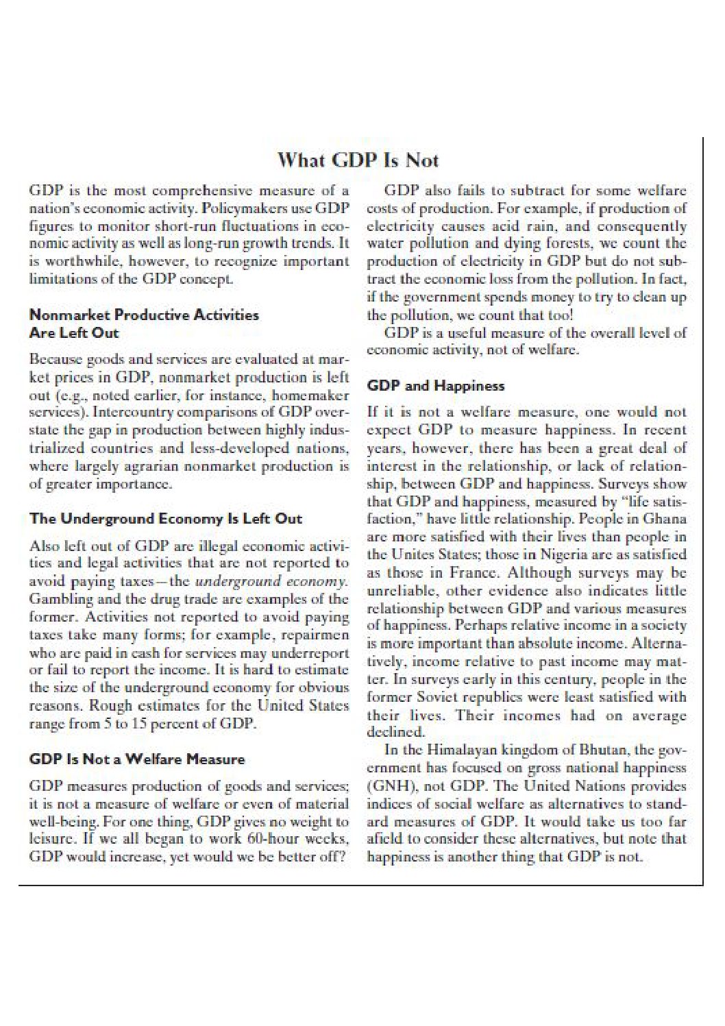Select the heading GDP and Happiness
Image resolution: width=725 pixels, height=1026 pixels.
coord(436,386)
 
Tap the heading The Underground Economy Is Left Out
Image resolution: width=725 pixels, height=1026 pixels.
coord(166,519)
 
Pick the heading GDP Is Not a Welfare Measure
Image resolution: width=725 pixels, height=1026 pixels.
coord(137,759)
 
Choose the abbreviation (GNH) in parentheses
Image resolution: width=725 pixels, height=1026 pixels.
coord(391,785)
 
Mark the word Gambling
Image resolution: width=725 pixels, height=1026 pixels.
coord(58,599)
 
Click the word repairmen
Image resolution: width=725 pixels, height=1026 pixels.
coord(318,634)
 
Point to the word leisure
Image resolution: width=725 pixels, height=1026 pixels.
coord(50,839)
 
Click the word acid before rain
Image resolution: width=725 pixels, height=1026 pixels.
coord(503,226)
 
